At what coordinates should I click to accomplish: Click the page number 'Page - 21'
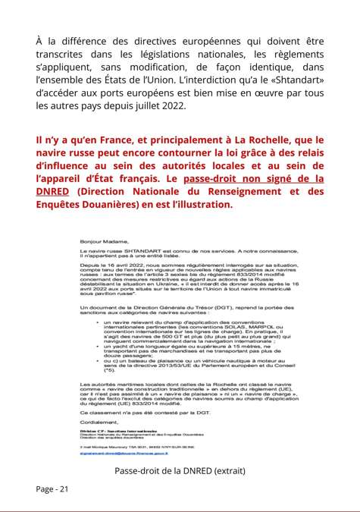click(52, 488)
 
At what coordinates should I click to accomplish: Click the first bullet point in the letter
click(96, 322)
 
